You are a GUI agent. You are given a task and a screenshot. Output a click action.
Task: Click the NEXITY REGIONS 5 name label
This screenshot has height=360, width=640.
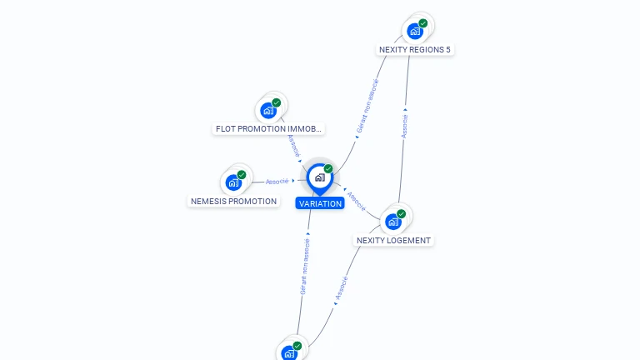414,50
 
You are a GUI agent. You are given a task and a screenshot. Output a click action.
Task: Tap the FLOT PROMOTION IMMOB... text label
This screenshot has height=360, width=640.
268,129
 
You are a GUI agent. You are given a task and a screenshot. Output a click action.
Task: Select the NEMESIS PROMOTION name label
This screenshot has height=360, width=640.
233,201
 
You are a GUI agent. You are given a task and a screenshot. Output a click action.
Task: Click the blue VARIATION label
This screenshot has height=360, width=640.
320,203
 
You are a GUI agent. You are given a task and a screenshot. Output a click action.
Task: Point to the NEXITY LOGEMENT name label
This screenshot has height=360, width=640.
393,241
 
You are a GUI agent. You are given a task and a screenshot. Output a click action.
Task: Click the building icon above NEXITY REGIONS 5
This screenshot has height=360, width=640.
414,32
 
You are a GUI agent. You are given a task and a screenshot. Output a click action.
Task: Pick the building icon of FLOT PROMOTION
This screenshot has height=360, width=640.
268,110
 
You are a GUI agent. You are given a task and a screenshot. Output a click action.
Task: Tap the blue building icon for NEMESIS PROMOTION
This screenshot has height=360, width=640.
233,182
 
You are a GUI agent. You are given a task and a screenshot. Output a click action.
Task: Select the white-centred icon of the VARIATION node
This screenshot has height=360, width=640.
319,177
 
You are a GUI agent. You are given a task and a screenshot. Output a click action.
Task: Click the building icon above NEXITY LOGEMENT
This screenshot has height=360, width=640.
393,222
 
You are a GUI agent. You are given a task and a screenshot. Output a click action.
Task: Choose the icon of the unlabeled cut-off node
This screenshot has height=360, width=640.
289,352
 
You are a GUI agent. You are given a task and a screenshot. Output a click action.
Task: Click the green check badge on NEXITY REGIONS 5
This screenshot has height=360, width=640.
423,23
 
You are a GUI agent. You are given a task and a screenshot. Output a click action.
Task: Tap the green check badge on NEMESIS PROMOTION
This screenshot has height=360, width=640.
242,174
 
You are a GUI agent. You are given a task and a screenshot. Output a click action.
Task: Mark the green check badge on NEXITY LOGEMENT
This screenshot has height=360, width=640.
402,214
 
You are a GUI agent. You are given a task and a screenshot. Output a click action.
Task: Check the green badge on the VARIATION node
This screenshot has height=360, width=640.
328,168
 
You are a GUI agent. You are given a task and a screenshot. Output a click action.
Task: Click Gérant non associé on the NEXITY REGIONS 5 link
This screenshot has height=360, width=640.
367,107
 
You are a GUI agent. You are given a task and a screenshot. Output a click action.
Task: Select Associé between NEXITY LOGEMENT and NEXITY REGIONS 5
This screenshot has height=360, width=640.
405,126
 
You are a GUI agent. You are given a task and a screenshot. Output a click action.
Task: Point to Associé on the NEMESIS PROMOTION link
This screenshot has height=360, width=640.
277,181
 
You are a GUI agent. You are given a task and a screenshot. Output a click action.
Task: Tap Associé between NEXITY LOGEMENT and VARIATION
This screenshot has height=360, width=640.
356,200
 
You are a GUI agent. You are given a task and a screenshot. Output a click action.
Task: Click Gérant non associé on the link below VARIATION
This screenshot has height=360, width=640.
305,266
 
